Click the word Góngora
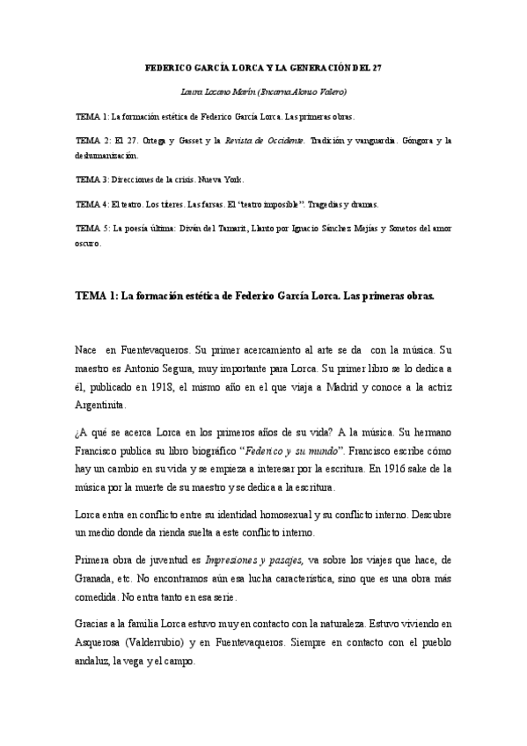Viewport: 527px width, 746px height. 412,140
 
